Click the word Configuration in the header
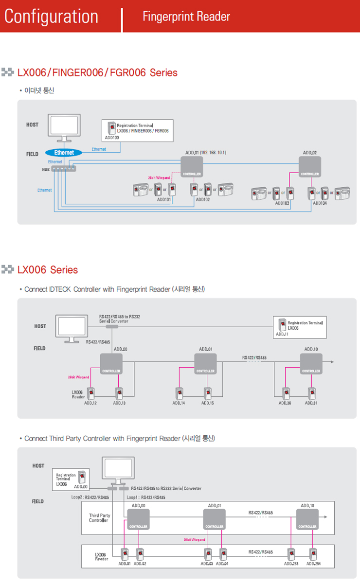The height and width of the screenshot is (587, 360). click(51, 16)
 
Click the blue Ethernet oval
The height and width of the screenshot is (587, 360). click(64, 153)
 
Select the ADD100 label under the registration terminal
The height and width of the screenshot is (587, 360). click(112, 138)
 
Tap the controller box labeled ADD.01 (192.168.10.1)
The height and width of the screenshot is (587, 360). click(192, 166)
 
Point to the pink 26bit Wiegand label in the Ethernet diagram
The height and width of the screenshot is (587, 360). click(159, 178)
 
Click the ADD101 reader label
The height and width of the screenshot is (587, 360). click(164, 199)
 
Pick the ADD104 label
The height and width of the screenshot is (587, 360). click(320, 203)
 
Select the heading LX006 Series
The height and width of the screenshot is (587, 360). click(47, 270)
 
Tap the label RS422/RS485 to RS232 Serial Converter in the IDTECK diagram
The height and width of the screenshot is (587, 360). click(119, 319)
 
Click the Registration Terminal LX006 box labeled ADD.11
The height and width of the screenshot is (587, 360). click(300, 328)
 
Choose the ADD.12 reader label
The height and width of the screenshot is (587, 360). click(91, 403)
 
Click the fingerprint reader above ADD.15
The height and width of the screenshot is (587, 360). click(208, 392)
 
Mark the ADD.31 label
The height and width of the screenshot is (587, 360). click(311, 403)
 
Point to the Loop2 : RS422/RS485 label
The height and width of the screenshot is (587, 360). click(90, 498)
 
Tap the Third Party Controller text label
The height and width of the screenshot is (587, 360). click(99, 518)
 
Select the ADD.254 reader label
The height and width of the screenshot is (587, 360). click(313, 564)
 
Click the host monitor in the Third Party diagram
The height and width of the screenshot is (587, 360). click(119, 469)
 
